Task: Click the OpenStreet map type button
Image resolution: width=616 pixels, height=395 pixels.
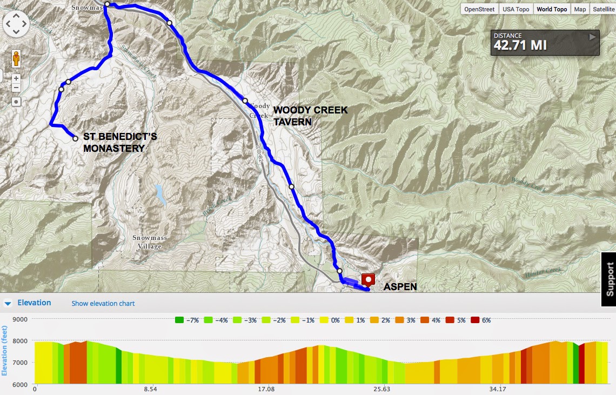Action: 479,9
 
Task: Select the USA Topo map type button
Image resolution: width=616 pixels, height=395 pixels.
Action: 515,9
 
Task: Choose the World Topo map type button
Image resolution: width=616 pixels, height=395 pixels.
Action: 552,9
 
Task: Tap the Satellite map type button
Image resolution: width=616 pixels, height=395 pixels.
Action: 603,9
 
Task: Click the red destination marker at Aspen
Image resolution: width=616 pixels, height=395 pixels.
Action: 369,280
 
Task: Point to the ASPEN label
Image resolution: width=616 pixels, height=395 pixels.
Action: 400,287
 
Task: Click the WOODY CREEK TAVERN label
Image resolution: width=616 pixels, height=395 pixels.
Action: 310,116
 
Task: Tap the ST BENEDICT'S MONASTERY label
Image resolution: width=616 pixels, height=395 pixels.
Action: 120,143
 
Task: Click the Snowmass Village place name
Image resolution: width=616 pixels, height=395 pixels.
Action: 150,242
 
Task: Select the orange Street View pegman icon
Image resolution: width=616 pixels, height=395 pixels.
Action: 16,58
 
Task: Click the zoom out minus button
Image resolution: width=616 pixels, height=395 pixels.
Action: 16,88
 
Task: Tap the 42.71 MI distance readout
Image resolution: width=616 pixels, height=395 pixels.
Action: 520,45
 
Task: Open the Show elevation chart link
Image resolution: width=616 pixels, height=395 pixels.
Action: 103,304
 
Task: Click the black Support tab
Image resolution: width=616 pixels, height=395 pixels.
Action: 610,279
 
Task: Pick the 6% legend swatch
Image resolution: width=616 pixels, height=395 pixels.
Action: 476,320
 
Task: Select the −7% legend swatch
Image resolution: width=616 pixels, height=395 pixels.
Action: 179,320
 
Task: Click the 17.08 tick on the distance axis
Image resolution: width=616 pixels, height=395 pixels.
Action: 266,389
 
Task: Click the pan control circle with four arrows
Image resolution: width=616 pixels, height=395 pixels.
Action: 16,24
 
